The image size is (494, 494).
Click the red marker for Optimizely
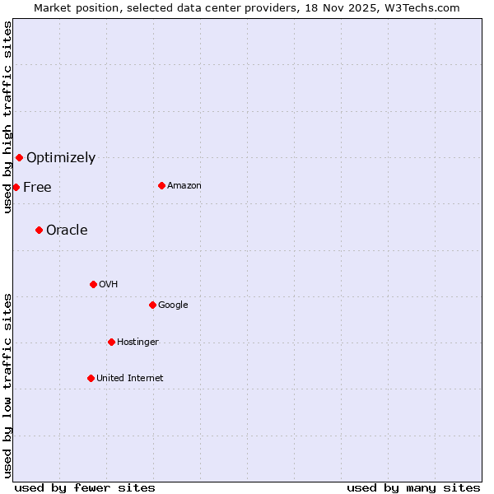point(19,157)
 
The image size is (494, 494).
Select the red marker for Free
point(16,187)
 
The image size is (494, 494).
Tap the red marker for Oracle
point(39,230)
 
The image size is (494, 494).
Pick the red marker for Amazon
point(161,185)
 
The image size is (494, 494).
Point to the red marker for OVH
point(93,284)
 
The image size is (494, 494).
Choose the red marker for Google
point(152,305)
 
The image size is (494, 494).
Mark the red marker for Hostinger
point(111,342)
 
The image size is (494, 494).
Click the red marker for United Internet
point(91,378)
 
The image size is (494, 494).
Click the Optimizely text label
point(61,157)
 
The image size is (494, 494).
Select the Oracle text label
point(67,230)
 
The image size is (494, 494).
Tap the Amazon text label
point(184,185)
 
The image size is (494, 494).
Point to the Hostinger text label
point(137,342)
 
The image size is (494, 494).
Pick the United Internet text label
point(130,378)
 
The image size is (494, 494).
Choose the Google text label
point(173,305)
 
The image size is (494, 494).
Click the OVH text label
point(109,284)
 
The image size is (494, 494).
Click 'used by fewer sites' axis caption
point(85,487)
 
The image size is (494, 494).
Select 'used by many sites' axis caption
point(413,487)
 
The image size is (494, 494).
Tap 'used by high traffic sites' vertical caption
point(7,118)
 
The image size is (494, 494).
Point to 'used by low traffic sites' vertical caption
point(7,385)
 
